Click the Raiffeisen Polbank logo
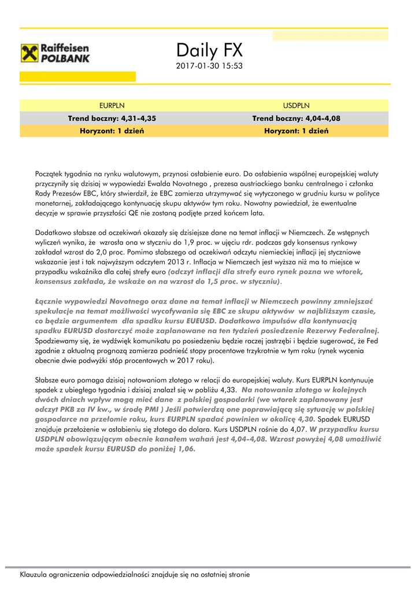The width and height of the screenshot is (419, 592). (x=55, y=53)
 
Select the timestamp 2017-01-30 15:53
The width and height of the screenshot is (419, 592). (x=209, y=66)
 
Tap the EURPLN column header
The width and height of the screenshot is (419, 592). (x=112, y=106)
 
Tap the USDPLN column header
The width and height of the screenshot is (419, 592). (x=296, y=106)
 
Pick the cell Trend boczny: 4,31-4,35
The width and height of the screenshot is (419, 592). (x=112, y=119)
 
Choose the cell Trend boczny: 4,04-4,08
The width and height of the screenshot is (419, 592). (x=296, y=119)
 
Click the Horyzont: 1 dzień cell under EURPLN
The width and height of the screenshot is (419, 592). (x=112, y=131)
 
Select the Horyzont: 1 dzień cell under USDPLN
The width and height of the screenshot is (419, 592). (x=296, y=131)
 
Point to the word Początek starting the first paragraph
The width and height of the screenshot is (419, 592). (x=50, y=173)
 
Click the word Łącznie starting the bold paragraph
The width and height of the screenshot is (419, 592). (x=50, y=301)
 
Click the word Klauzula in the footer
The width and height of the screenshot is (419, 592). (x=35, y=575)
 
